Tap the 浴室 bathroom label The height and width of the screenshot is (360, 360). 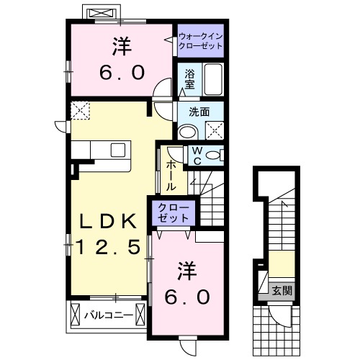(190, 78)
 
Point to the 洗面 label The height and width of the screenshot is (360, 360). (199, 112)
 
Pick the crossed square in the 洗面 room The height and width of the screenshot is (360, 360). (214, 130)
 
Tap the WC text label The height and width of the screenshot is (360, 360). (196, 156)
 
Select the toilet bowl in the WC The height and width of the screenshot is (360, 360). (215, 156)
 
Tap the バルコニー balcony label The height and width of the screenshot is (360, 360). (106, 314)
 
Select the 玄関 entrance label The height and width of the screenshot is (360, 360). (282, 291)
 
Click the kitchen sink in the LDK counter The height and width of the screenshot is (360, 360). (117, 150)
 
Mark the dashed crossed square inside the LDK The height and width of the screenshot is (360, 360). (79, 110)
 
